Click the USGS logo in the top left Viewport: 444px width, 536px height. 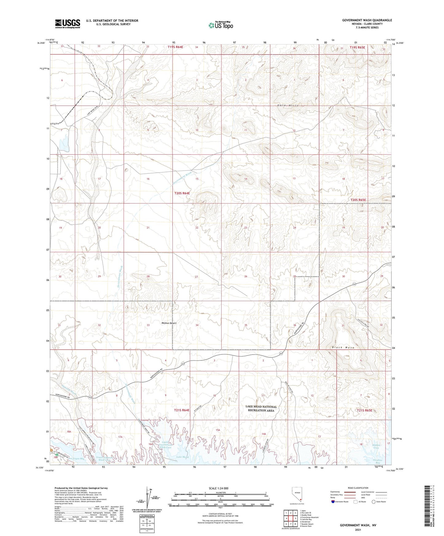[68, 23]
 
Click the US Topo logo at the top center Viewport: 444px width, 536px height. [220, 25]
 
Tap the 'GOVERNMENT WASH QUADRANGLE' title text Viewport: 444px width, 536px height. [367, 20]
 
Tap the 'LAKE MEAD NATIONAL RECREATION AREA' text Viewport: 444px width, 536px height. [261, 408]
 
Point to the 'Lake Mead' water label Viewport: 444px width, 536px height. [183, 457]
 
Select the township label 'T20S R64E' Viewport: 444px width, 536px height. [182, 193]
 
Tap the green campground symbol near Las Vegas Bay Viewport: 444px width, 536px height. [56, 455]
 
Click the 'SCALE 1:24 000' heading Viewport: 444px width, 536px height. [220, 488]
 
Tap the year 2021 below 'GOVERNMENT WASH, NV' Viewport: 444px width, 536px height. [358, 530]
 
